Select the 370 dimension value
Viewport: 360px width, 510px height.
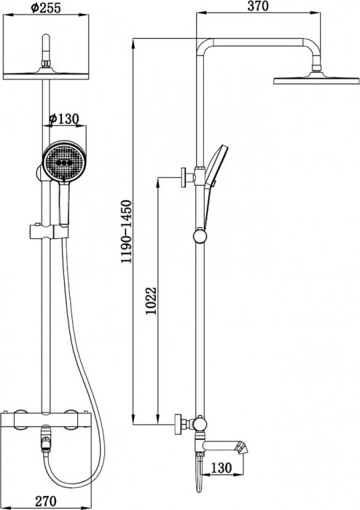[259, 7]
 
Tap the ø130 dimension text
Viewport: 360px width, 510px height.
[64, 119]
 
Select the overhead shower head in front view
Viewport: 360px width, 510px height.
[50, 73]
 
